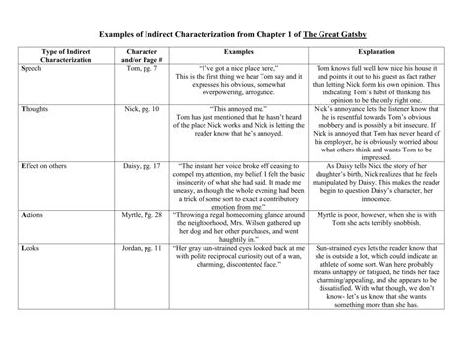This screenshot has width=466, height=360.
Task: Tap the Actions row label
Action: pyautogui.click(x=33, y=213)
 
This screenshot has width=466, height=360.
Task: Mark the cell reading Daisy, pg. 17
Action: pyautogui.click(x=144, y=167)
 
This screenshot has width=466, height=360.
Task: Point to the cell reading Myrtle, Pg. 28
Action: pyautogui.click(x=143, y=213)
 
